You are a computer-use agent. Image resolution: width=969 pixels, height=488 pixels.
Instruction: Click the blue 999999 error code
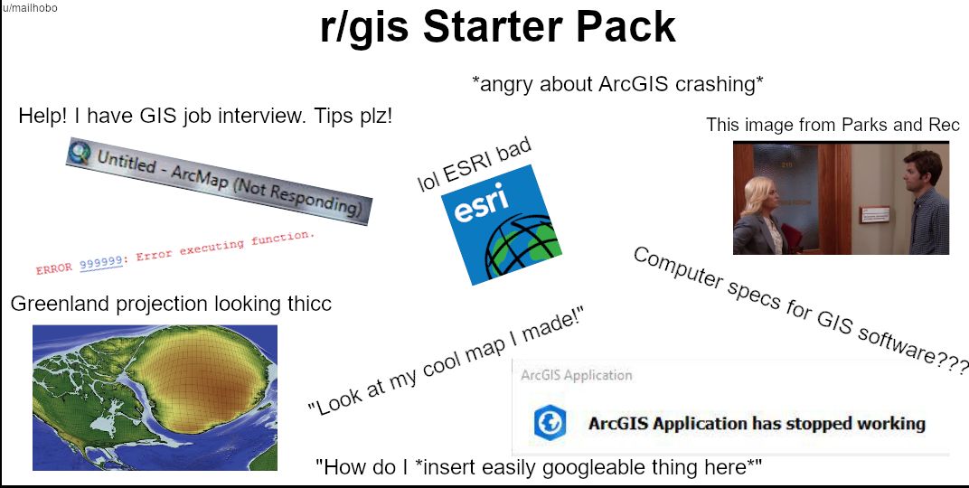click(x=100, y=262)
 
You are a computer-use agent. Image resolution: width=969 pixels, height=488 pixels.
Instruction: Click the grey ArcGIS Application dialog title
click(x=576, y=375)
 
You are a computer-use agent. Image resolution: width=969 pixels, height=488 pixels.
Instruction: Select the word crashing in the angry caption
click(x=718, y=84)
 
